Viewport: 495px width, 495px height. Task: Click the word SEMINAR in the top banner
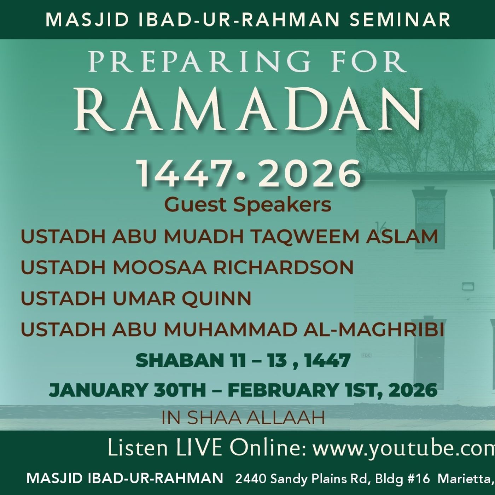[x=400, y=20]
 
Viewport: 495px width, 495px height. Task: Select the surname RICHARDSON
[x=283, y=267]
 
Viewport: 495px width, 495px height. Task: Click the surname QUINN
[x=216, y=298]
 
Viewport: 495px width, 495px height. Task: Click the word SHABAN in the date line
[x=178, y=361]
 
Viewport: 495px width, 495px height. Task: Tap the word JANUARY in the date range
[x=98, y=390]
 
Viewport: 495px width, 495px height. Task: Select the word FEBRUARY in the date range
[x=283, y=390]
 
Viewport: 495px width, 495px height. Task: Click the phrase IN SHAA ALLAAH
[x=243, y=418]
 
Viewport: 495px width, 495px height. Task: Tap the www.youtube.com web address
[x=403, y=448]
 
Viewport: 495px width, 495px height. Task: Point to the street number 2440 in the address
[x=250, y=479]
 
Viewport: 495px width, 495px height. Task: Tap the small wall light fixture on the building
[x=467, y=286]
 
